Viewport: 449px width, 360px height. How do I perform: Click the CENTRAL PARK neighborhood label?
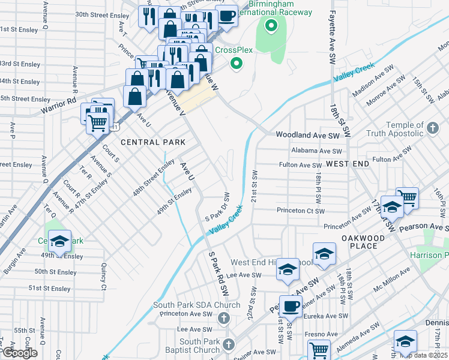(152, 142)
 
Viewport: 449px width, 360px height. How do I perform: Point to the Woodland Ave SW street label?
(307, 136)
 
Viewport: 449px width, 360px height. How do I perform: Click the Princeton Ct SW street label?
(300, 211)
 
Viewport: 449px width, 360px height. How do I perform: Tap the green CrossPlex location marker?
(237, 63)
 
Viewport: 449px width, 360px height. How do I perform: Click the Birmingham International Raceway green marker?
(271, 26)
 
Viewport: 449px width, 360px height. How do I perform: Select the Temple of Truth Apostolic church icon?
(433, 127)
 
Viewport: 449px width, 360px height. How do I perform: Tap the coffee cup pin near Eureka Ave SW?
(291, 305)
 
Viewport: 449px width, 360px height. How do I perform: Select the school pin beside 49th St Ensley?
(59, 241)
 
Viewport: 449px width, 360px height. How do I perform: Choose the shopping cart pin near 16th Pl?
(408, 197)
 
